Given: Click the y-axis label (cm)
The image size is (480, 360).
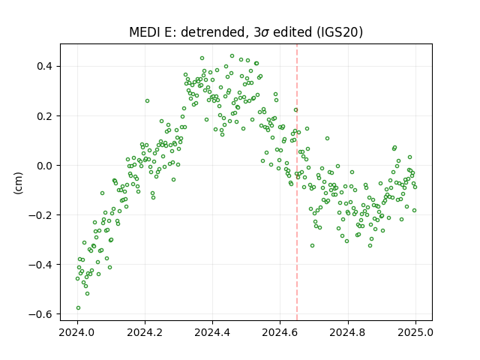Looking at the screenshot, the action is [18, 183].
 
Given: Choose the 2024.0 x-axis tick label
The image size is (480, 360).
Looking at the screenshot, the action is [77, 332].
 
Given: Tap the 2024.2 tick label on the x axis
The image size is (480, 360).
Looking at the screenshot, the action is [145, 332].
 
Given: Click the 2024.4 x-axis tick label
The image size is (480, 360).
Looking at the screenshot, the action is [212, 332].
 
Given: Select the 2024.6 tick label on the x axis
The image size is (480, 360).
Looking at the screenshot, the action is [280, 332].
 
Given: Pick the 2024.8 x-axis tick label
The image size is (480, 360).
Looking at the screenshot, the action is [348, 332].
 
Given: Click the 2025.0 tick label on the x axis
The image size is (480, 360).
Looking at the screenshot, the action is [415, 332].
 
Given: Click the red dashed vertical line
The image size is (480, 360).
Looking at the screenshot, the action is [297, 182].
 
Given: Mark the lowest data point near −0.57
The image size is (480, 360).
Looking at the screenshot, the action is [78, 308].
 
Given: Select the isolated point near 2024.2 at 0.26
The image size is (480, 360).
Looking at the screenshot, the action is [147, 100].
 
